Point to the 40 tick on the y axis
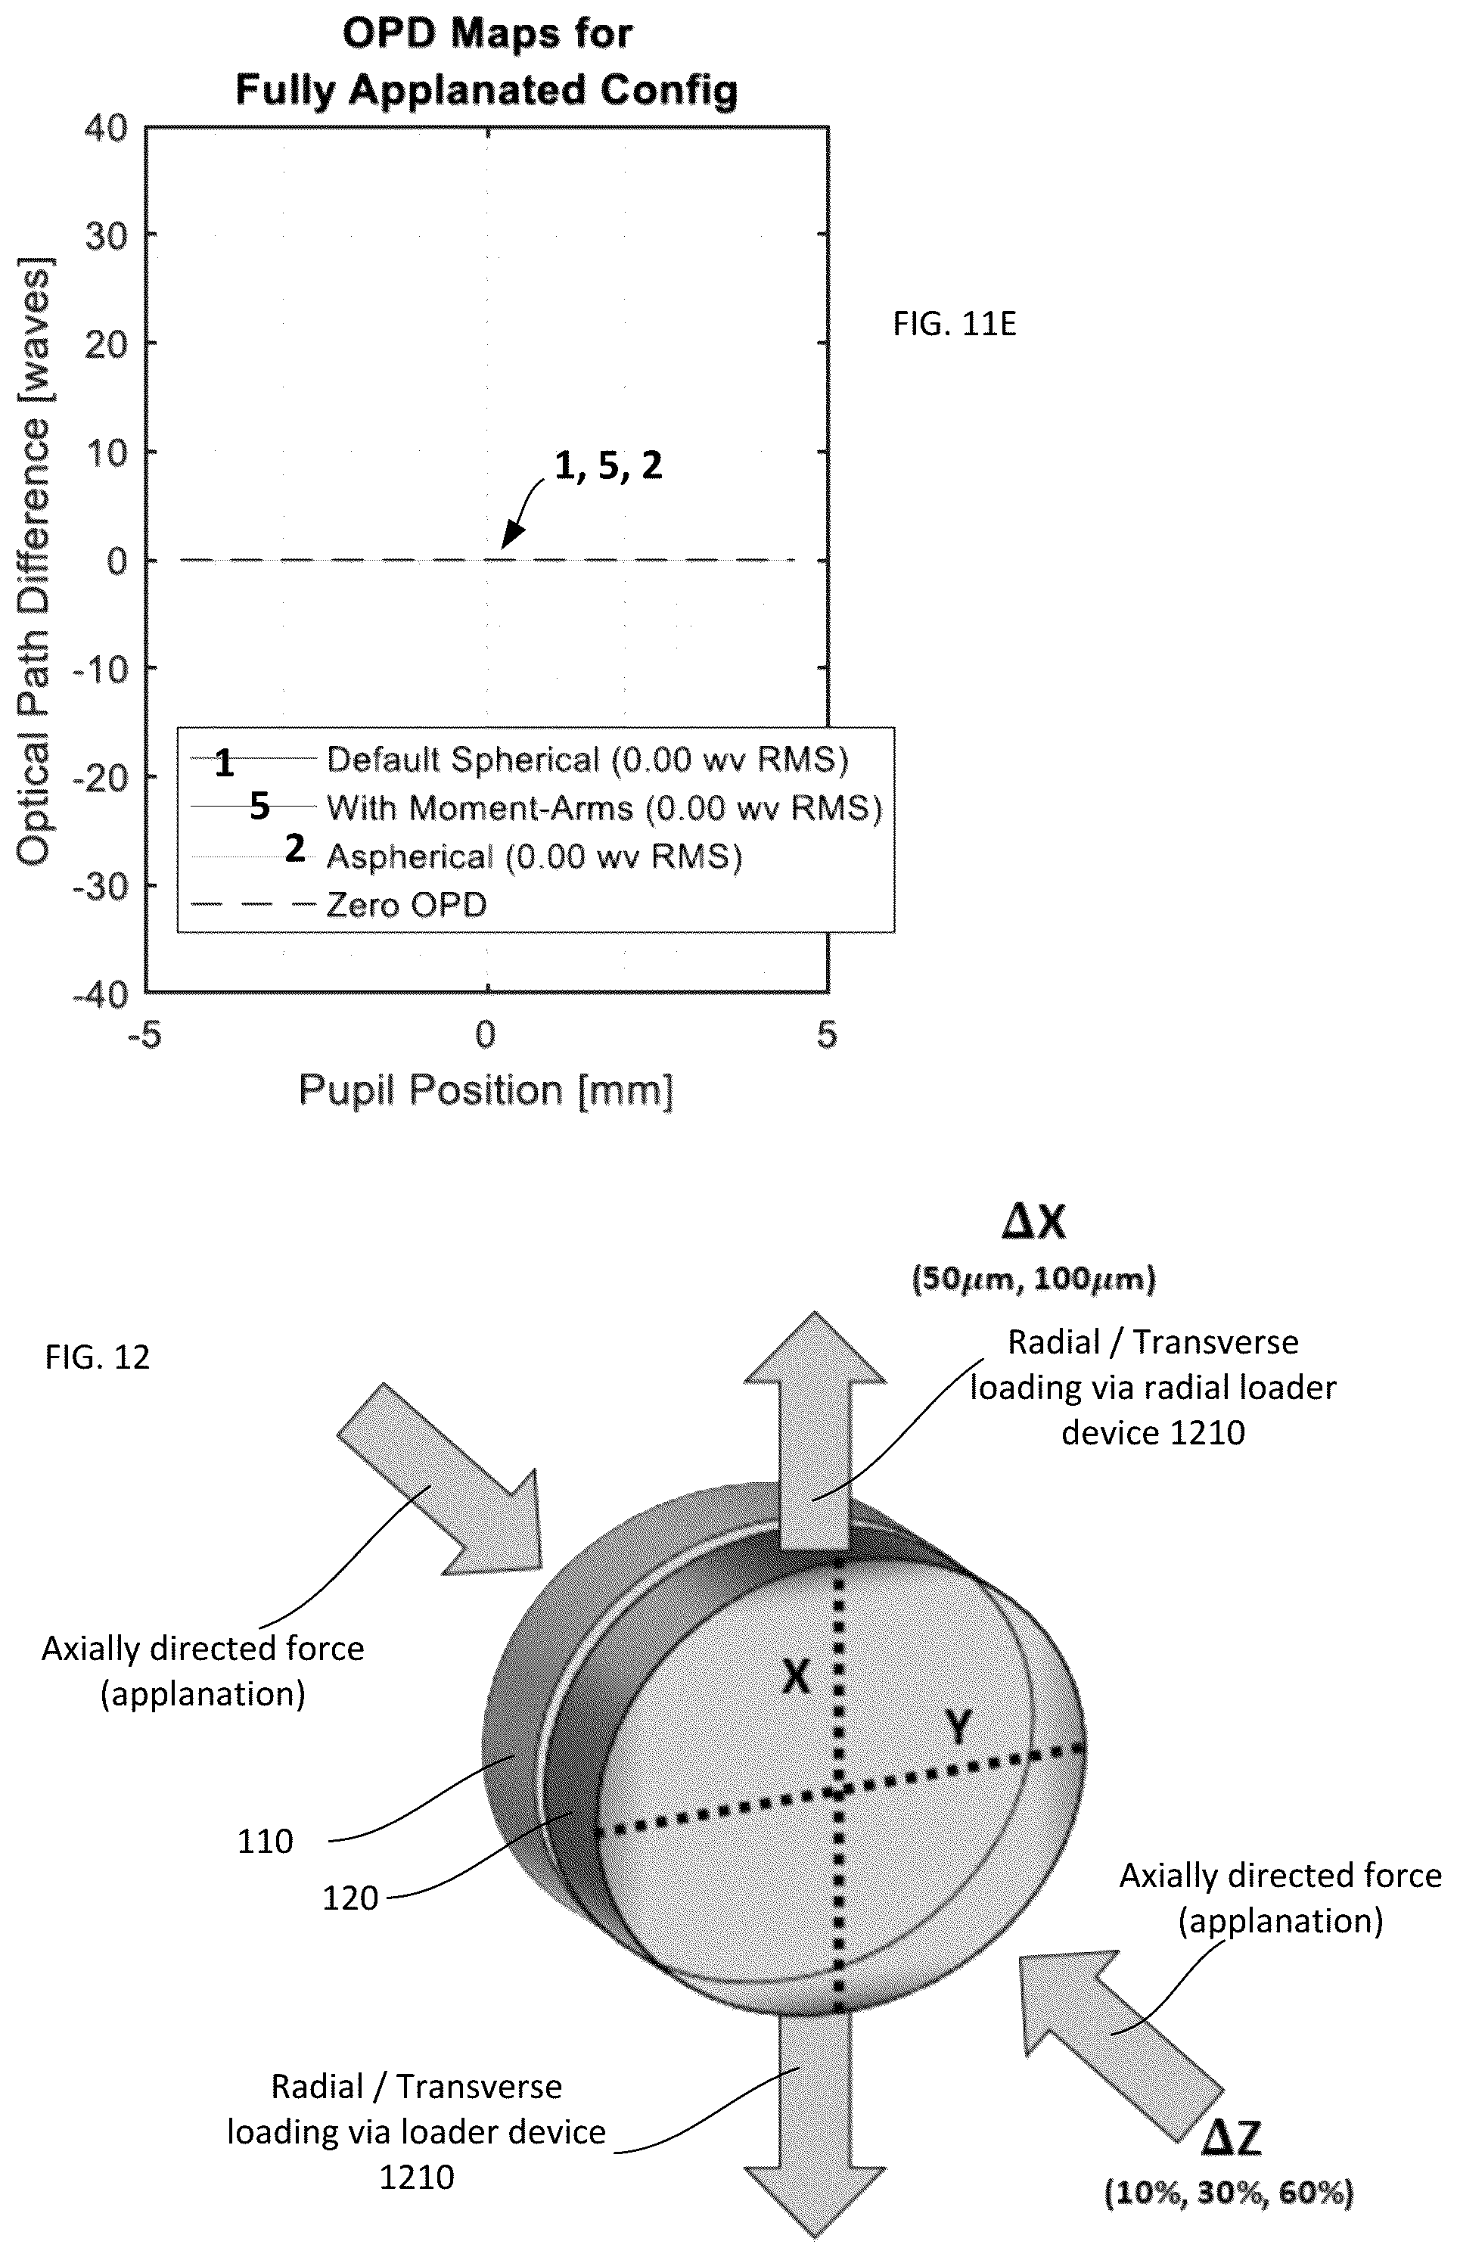pyautogui.click(x=106, y=127)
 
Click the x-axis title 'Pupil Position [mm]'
pyautogui.click(x=486, y=1090)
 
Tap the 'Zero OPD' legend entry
pyautogui.click(x=339, y=906)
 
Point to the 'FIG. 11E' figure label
pyautogui.click(x=955, y=325)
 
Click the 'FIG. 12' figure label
pyautogui.click(x=98, y=1358)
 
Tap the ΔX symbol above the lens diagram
pyautogui.click(x=1033, y=1223)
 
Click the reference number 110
pyautogui.click(x=265, y=1841)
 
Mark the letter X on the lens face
pyautogui.click(x=797, y=1678)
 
